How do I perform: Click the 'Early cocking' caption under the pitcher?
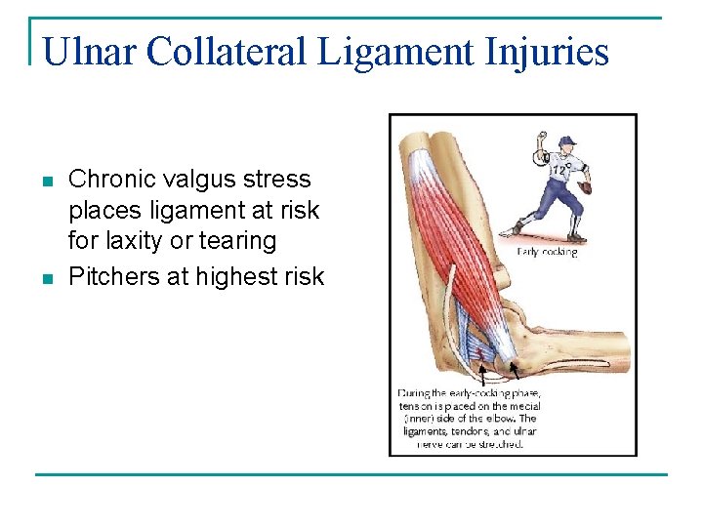(x=547, y=252)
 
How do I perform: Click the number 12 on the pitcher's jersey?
(x=559, y=168)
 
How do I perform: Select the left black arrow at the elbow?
(x=480, y=372)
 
